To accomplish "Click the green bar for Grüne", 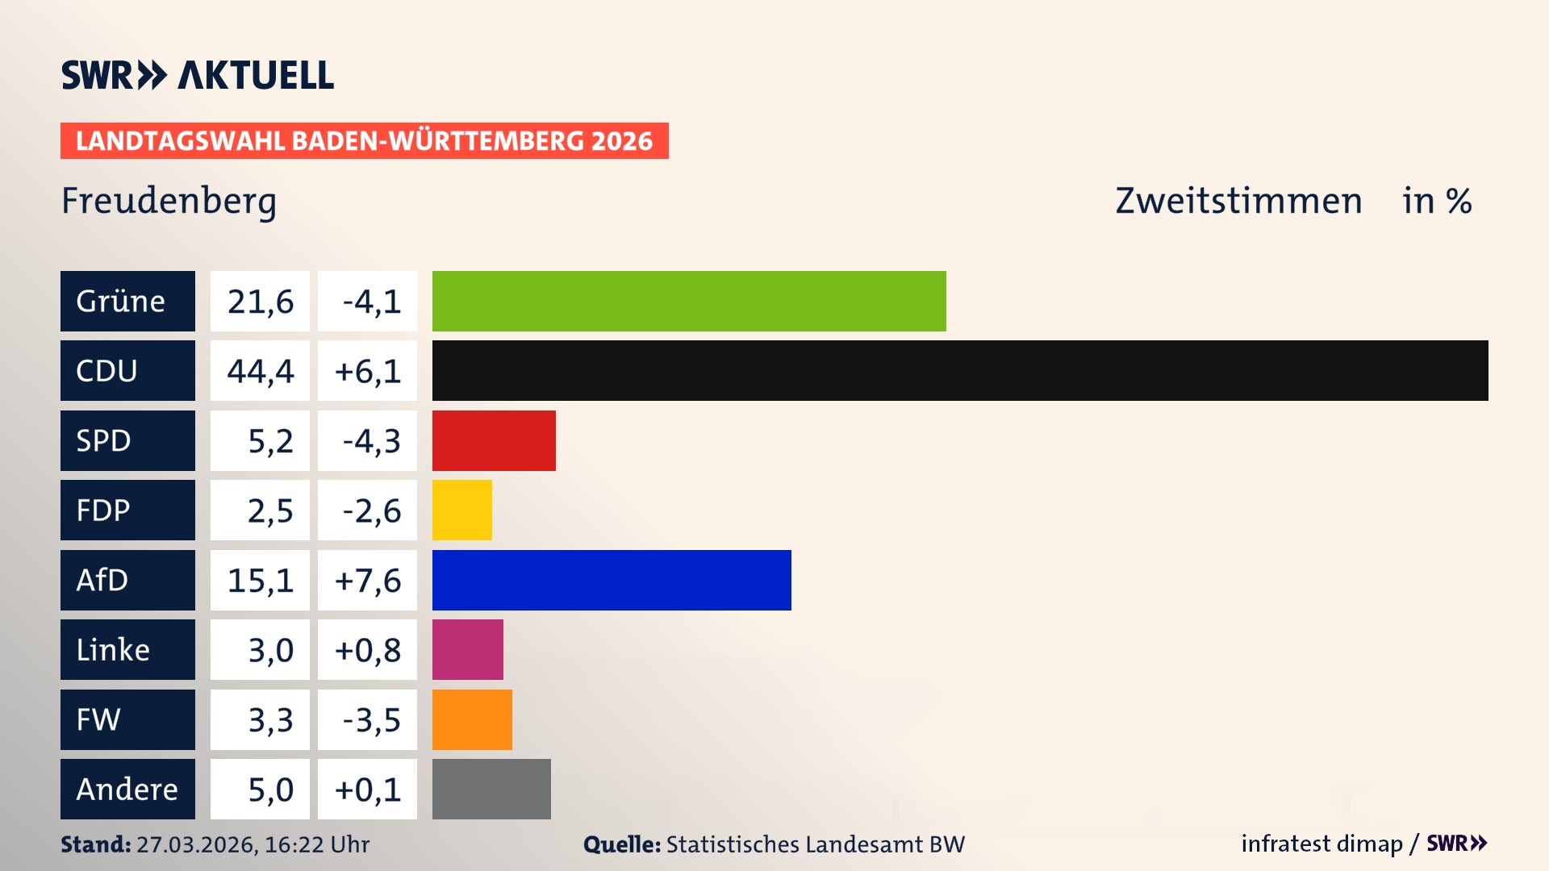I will pyautogui.click(x=689, y=301).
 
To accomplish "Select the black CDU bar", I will pyautogui.click(x=960, y=371).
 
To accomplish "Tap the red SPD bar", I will pyautogui.click(x=494, y=440).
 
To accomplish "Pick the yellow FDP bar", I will pyautogui.click(x=461, y=511).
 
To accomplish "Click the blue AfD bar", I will pyautogui.click(x=612, y=580).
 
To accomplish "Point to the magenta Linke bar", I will pyautogui.click(x=467, y=650).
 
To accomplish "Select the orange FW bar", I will pyautogui.click(x=472, y=719).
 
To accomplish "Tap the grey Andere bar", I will pyautogui.click(x=491, y=789).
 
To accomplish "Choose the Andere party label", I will pyautogui.click(x=127, y=789).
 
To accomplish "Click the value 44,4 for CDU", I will pyautogui.click(x=260, y=371).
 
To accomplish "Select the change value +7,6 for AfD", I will pyautogui.click(x=367, y=580).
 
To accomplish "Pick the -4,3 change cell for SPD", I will pyautogui.click(x=367, y=440).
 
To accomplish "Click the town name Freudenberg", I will pyautogui.click(x=169, y=201).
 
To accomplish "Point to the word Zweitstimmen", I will pyautogui.click(x=1238, y=201).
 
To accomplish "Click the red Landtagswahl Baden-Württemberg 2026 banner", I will pyautogui.click(x=364, y=141).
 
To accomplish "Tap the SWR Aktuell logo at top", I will pyautogui.click(x=198, y=75).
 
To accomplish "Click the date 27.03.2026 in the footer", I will pyautogui.click(x=196, y=844).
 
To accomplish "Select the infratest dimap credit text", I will pyautogui.click(x=1321, y=844).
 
